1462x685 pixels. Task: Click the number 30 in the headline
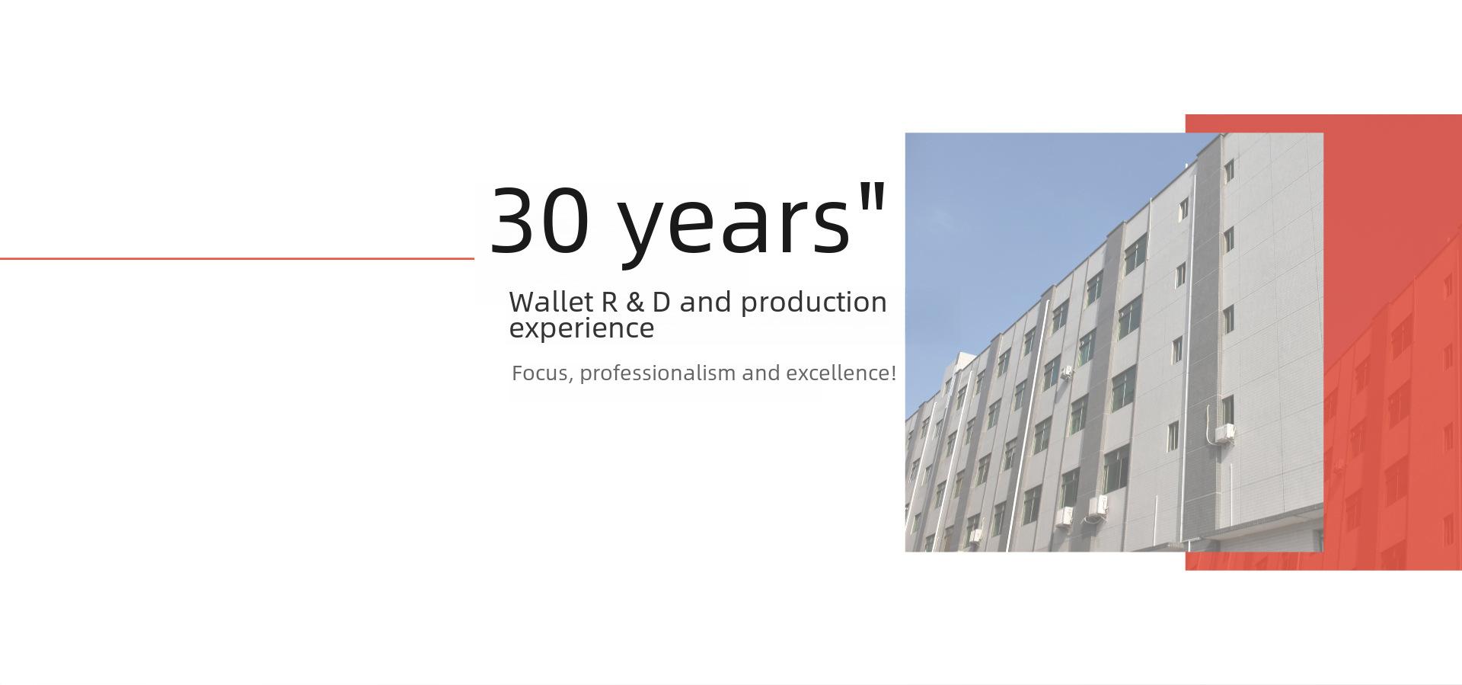click(x=540, y=220)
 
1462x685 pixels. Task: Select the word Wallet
click(x=551, y=302)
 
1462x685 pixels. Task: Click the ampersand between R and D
click(x=634, y=302)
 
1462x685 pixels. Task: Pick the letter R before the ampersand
click(x=609, y=302)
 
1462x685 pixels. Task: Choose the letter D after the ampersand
click(x=661, y=302)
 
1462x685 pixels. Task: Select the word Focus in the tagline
click(x=540, y=373)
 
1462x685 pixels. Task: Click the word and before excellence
click(x=761, y=373)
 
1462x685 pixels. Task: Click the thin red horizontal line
click(x=237, y=259)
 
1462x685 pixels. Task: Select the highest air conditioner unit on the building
click(x=1068, y=373)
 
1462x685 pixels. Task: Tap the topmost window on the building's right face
click(x=1228, y=171)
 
